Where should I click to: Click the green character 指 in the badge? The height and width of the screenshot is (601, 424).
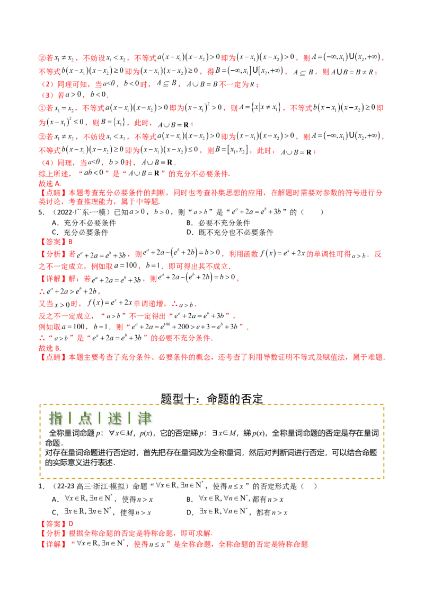coord(56,418)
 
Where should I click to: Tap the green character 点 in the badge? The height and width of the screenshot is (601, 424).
coord(85,418)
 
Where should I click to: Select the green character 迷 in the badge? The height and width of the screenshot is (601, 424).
coord(114,418)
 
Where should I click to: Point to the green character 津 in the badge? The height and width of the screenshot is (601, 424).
coord(144,418)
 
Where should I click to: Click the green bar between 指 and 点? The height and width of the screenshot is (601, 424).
coord(70,418)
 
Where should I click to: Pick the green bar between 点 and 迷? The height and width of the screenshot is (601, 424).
coord(100,418)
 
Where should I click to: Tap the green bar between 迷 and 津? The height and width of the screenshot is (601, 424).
coord(129,418)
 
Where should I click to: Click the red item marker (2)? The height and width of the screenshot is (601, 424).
coord(47,84)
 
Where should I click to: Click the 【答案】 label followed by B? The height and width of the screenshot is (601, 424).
coord(52,523)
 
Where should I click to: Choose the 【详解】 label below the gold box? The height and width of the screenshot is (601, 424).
coord(51,544)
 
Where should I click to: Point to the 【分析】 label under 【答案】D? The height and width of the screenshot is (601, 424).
coord(51,254)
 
